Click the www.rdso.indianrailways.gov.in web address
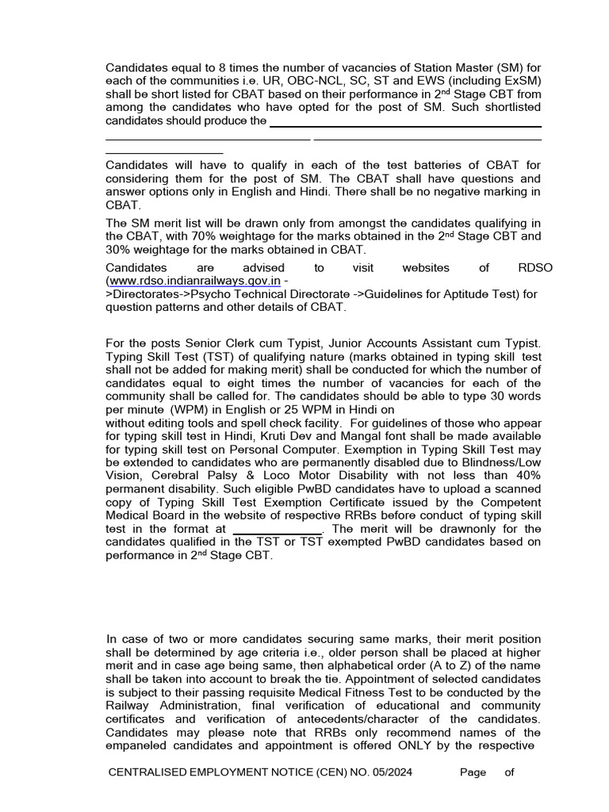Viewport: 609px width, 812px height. (194, 280)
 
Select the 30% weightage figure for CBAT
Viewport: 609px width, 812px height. (119, 249)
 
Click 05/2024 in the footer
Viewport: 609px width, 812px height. (388, 772)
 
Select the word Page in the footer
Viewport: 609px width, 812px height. (472, 772)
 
